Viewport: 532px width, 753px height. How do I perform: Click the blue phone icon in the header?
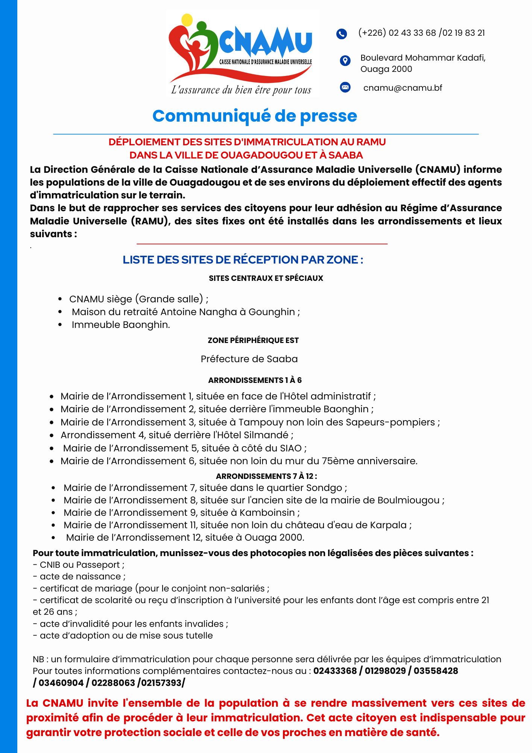[341, 34]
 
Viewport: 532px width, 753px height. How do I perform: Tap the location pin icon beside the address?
[345, 60]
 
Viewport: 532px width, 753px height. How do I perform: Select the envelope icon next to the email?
[345, 87]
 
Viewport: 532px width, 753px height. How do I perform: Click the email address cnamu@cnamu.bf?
[403, 88]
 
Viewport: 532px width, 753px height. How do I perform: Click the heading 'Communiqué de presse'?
[255, 116]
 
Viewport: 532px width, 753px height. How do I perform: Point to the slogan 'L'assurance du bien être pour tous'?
[241, 90]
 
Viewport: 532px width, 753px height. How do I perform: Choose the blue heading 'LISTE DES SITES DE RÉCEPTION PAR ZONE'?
[243, 260]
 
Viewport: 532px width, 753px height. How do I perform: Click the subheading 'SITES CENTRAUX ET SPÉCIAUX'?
[266, 278]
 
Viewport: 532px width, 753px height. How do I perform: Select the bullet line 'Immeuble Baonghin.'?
[121, 325]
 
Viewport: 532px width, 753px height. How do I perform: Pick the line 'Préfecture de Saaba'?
[249, 359]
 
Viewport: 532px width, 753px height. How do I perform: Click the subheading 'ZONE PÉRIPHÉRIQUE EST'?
[253, 340]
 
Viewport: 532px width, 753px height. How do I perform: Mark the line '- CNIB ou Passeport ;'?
[79, 565]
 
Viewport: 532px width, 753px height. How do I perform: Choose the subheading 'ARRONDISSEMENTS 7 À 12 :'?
[266, 476]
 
